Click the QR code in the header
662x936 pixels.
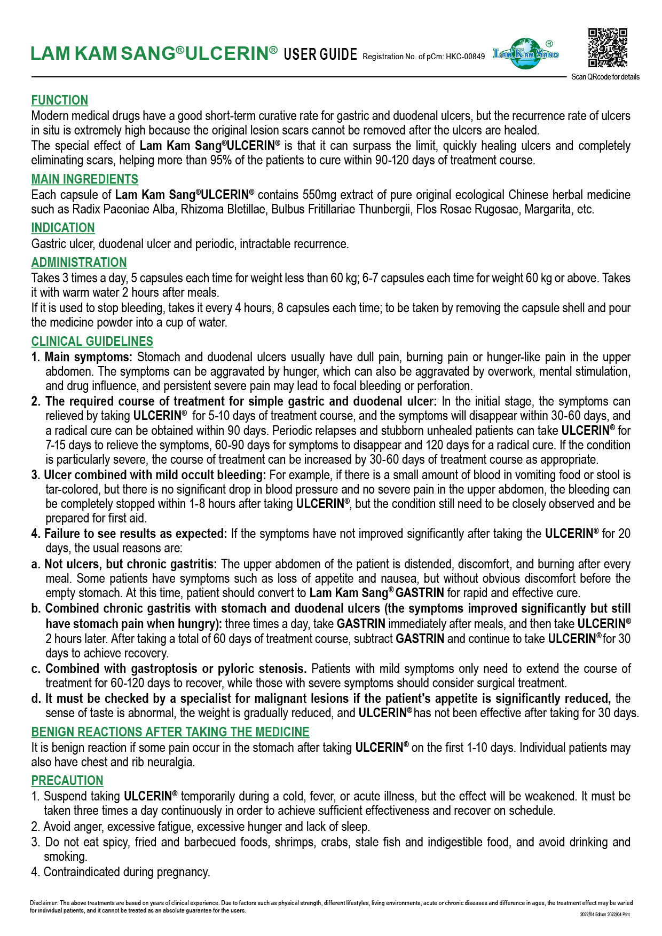[608, 48]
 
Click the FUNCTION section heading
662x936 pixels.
[60, 100]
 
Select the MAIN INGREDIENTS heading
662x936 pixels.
[84, 179]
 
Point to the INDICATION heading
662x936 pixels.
[63, 228]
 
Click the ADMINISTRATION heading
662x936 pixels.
[79, 263]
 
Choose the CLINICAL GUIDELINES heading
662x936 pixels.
[92, 342]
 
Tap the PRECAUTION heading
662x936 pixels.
[67, 781]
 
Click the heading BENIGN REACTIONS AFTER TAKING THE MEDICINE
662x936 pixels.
[170, 732]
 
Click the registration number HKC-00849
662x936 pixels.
[466, 57]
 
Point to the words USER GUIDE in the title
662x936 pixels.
[320, 54]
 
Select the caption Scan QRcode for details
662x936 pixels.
[605, 77]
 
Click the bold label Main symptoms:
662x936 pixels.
[88, 357]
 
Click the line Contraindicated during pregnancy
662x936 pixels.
[127, 872]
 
